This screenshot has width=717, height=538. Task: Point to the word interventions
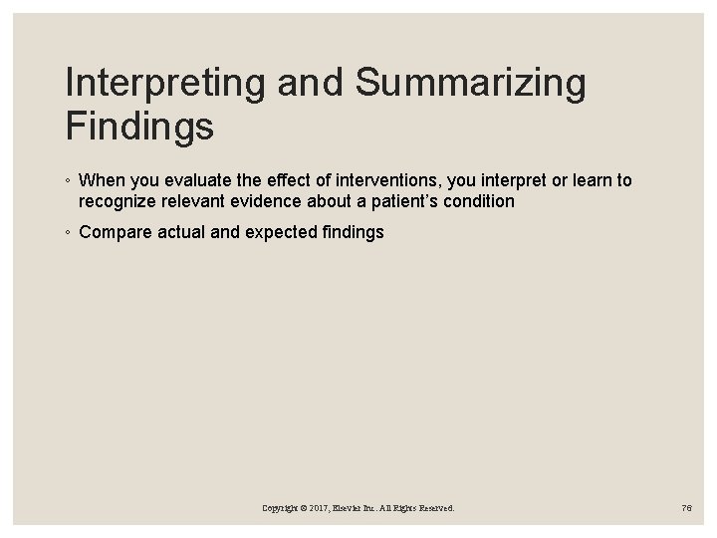click(x=377, y=181)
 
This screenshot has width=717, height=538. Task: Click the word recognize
click(x=117, y=201)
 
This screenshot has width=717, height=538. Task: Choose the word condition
click(x=479, y=201)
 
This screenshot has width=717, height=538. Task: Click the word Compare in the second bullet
click(x=112, y=232)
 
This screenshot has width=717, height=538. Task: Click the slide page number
click(x=685, y=508)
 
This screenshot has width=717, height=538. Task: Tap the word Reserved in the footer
click(x=434, y=508)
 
